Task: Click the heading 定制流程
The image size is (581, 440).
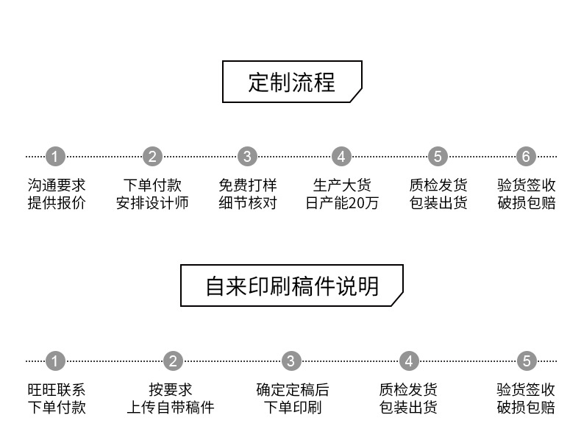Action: point(291,82)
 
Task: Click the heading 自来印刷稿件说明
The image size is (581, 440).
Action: point(292,285)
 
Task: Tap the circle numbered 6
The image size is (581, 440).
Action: point(525,157)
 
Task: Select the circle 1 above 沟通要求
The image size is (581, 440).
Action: point(56,157)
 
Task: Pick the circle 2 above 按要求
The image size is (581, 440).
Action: point(173,361)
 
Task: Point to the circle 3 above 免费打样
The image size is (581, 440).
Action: point(247,157)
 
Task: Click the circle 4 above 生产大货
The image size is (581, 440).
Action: point(341,157)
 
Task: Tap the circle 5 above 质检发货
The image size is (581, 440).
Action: point(438,157)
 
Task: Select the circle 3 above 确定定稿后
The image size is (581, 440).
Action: point(291,361)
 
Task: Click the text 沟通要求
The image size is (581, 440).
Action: point(57,185)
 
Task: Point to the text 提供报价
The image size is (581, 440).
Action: point(57,203)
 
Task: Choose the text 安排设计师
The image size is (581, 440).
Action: point(152,203)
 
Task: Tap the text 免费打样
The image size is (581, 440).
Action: point(248,185)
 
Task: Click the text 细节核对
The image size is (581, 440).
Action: point(248,203)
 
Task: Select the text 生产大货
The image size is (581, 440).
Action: point(342,185)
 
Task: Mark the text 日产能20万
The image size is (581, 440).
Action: point(342,203)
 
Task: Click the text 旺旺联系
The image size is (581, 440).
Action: point(57,389)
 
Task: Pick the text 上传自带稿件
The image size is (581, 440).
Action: point(171,407)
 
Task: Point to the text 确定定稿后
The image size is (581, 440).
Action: point(292,389)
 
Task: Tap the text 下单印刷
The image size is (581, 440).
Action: point(292,407)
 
